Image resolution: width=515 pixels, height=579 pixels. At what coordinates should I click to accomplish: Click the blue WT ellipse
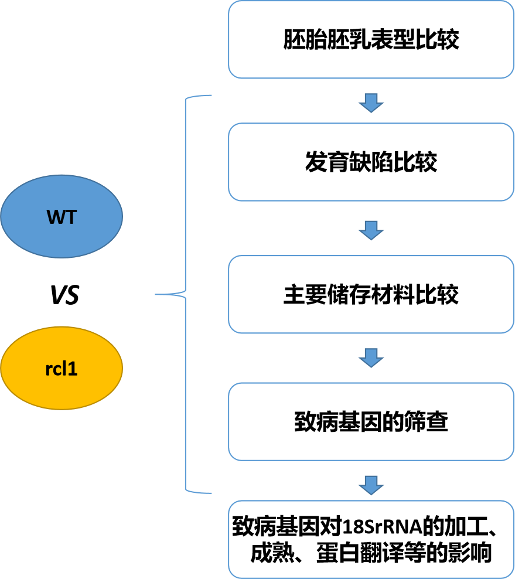(62, 217)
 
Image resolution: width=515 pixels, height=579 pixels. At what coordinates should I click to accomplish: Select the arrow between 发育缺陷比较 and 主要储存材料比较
(371, 230)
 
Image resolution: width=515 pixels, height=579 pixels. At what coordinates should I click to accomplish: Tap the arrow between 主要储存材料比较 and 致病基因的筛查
(371, 357)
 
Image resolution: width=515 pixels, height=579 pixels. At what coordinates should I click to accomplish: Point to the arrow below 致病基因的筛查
(371, 485)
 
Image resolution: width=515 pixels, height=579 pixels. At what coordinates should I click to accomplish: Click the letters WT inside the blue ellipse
(62, 217)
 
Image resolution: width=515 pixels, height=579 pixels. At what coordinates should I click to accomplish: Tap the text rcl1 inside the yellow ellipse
(62, 370)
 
